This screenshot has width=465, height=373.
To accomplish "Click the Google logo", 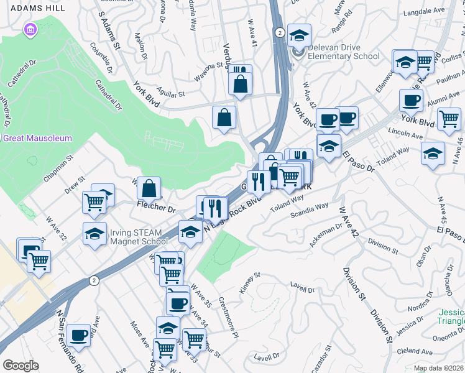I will [21, 366].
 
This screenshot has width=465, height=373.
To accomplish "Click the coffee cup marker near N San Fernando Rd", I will [79, 336].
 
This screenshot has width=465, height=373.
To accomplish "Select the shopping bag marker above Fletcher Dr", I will [149, 188].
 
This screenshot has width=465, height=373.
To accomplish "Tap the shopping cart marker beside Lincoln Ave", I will [449, 118].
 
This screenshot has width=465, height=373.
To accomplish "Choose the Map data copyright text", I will [438, 368].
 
